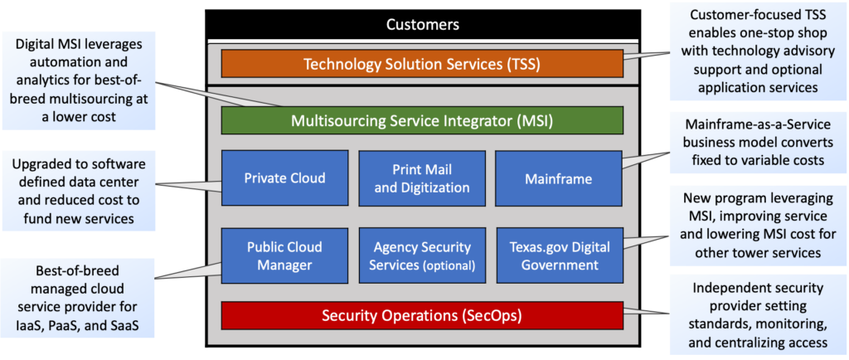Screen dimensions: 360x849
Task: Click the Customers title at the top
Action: point(423,25)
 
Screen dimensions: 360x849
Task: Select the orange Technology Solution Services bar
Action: point(422,64)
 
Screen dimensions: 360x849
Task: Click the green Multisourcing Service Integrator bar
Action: point(422,121)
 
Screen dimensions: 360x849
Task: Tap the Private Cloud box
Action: point(284,178)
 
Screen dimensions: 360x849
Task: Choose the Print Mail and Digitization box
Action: point(421,178)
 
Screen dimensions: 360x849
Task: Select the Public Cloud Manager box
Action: point(284,255)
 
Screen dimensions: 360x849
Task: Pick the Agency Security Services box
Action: point(421,255)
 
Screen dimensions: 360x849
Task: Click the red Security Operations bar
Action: point(422,315)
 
